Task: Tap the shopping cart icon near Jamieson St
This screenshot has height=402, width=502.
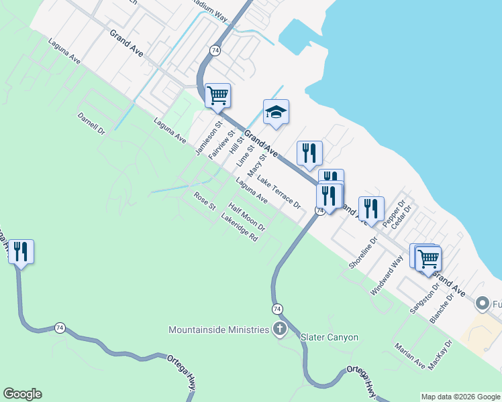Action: [x=217, y=95]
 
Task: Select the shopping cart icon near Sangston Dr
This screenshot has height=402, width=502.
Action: [x=428, y=258]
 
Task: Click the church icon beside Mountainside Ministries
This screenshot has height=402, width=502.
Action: [x=279, y=329]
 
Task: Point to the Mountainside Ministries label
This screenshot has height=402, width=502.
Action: [x=219, y=330]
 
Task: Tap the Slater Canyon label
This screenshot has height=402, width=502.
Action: [x=330, y=337]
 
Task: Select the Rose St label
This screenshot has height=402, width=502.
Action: [x=205, y=200]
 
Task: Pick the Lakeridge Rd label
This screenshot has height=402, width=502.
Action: [x=240, y=228]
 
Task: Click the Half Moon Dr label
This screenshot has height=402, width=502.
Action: [x=247, y=217]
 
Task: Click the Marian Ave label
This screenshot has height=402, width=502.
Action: [x=409, y=356]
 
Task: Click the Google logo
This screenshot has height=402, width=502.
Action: [x=22, y=394]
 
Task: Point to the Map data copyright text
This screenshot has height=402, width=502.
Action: [x=460, y=397]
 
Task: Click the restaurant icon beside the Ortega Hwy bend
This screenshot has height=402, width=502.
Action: [x=21, y=252]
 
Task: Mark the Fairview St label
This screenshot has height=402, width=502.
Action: [x=215, y=144]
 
